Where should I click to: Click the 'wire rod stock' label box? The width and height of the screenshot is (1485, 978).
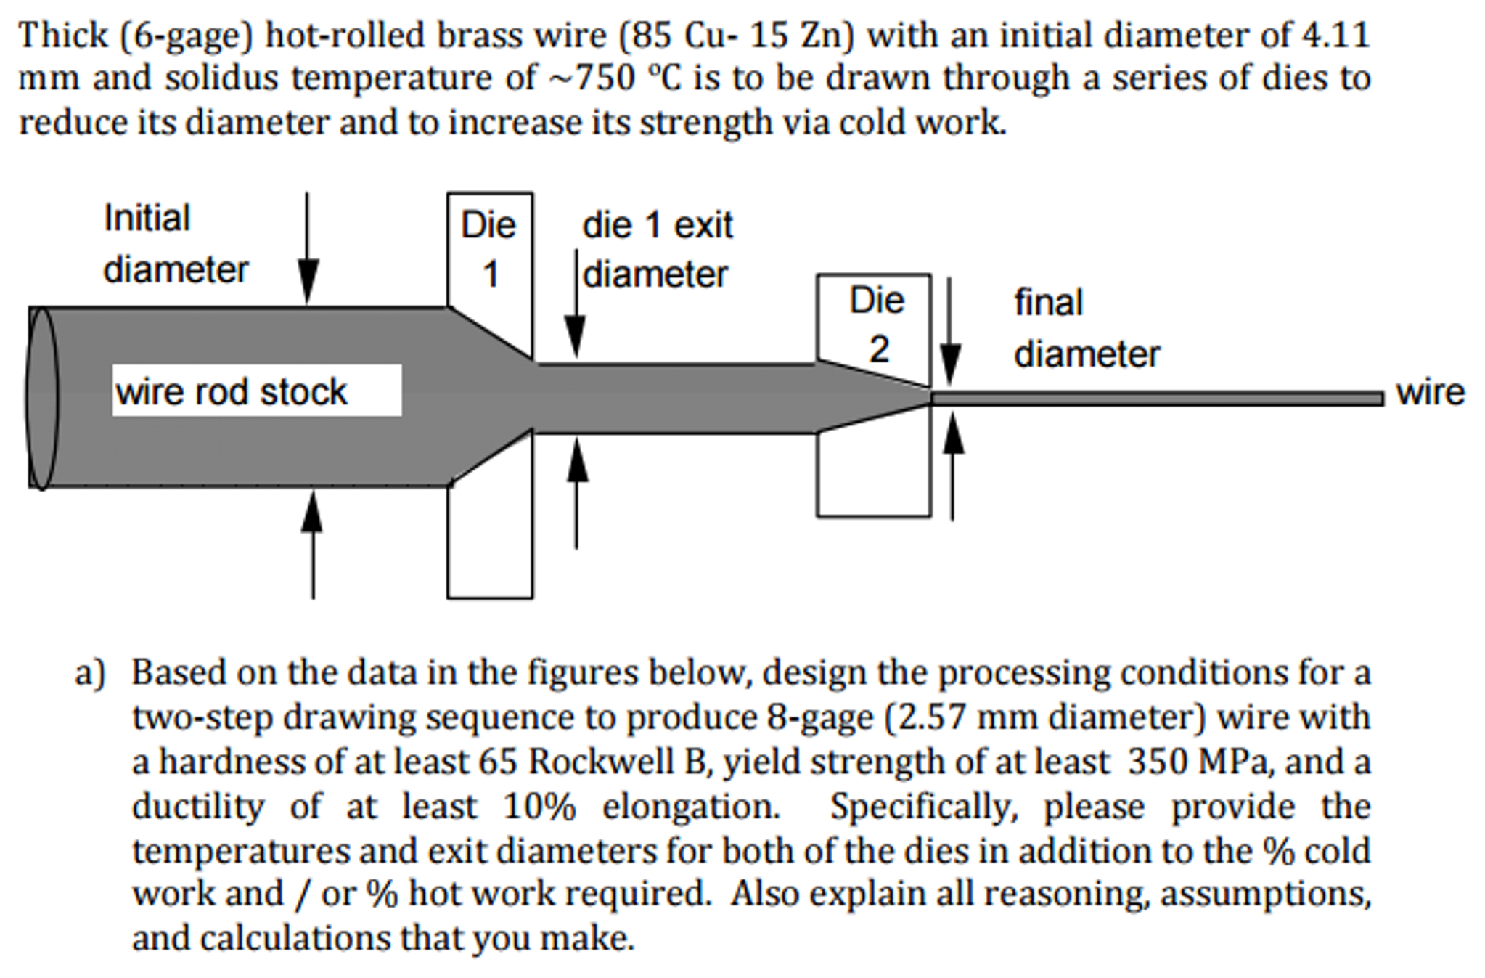[256, 391]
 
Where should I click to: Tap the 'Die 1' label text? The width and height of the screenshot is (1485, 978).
[488, 249]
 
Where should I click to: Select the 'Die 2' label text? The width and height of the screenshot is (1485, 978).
[877, 325]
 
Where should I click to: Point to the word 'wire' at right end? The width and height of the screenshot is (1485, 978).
[1429, 393]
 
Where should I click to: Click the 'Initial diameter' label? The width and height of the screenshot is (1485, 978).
[175, 244]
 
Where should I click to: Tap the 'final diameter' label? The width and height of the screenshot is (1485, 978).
[1085, 328]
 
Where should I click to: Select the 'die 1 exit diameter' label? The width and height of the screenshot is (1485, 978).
[656, 250]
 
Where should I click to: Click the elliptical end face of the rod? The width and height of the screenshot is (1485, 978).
[42, 398]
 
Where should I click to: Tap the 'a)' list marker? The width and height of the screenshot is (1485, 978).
[90, 673]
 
